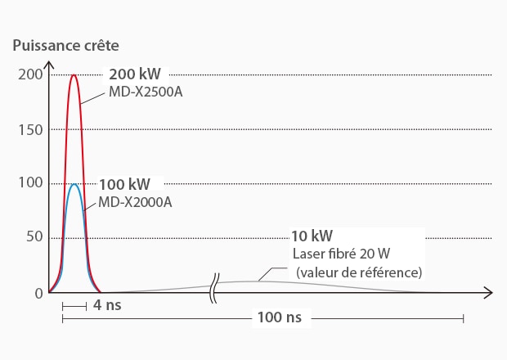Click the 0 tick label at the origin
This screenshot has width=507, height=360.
(38, 292)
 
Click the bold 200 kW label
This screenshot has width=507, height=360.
(135, 74)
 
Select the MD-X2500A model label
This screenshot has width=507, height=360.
(146, 91)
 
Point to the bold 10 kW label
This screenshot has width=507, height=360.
(312, 236)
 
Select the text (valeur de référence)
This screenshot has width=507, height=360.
(359, 272)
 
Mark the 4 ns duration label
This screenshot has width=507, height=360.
(103, 306)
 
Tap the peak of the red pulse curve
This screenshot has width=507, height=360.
(74, 75)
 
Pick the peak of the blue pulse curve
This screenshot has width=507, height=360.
(74, 184)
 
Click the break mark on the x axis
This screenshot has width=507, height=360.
(215, 292)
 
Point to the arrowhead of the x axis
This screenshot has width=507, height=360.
(488, 292)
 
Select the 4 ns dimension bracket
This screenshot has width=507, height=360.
(74, 306)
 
